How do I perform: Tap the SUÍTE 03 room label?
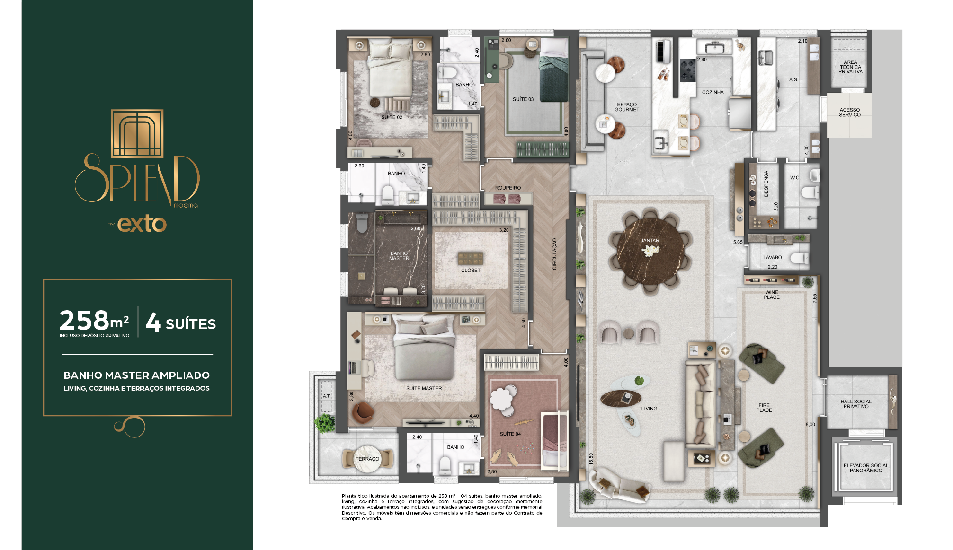[523, 99]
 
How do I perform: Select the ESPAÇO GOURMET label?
[627, 107]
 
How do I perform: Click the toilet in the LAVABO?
[801, 258]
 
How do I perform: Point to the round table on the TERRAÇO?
[367, 459]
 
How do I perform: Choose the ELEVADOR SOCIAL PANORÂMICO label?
[866, 468]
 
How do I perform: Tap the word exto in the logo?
[142, 224]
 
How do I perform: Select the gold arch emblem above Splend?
[137, 133]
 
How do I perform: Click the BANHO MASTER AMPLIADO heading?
[137, 375]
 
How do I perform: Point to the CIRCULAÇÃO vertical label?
[554, 254]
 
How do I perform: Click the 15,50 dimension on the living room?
[591, 459]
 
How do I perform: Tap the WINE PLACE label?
[772, 295]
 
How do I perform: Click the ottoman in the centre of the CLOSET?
[470, 258]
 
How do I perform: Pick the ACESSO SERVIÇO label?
[850, 113]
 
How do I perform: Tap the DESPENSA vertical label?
[766, 183]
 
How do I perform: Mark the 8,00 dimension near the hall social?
[810, 424]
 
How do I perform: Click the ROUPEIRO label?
[508, 188]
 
